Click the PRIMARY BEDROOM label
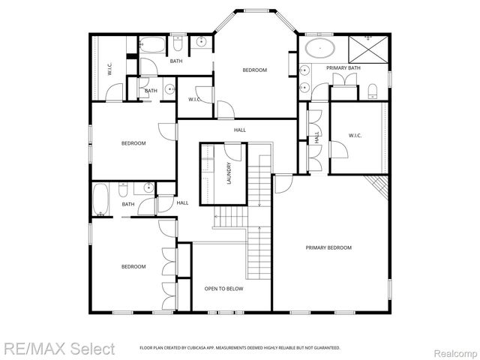point(328,247)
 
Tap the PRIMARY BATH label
point(343,68)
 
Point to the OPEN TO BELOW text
point(223,288)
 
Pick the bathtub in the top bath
point(154,46)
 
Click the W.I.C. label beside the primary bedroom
point(355,136)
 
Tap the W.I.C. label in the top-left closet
point(109,70)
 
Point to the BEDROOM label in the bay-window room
point(254,70)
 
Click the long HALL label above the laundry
point(240,130)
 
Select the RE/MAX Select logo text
point(58,349)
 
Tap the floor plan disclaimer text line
point(240,348)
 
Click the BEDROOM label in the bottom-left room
point(133,266)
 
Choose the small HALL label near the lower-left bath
point(182,202)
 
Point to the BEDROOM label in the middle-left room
point(133,143)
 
